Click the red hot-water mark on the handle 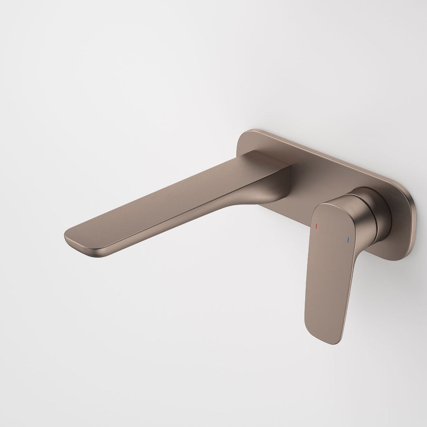(316, 226)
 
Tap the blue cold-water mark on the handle (348, 240)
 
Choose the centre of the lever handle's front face (330, 265)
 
